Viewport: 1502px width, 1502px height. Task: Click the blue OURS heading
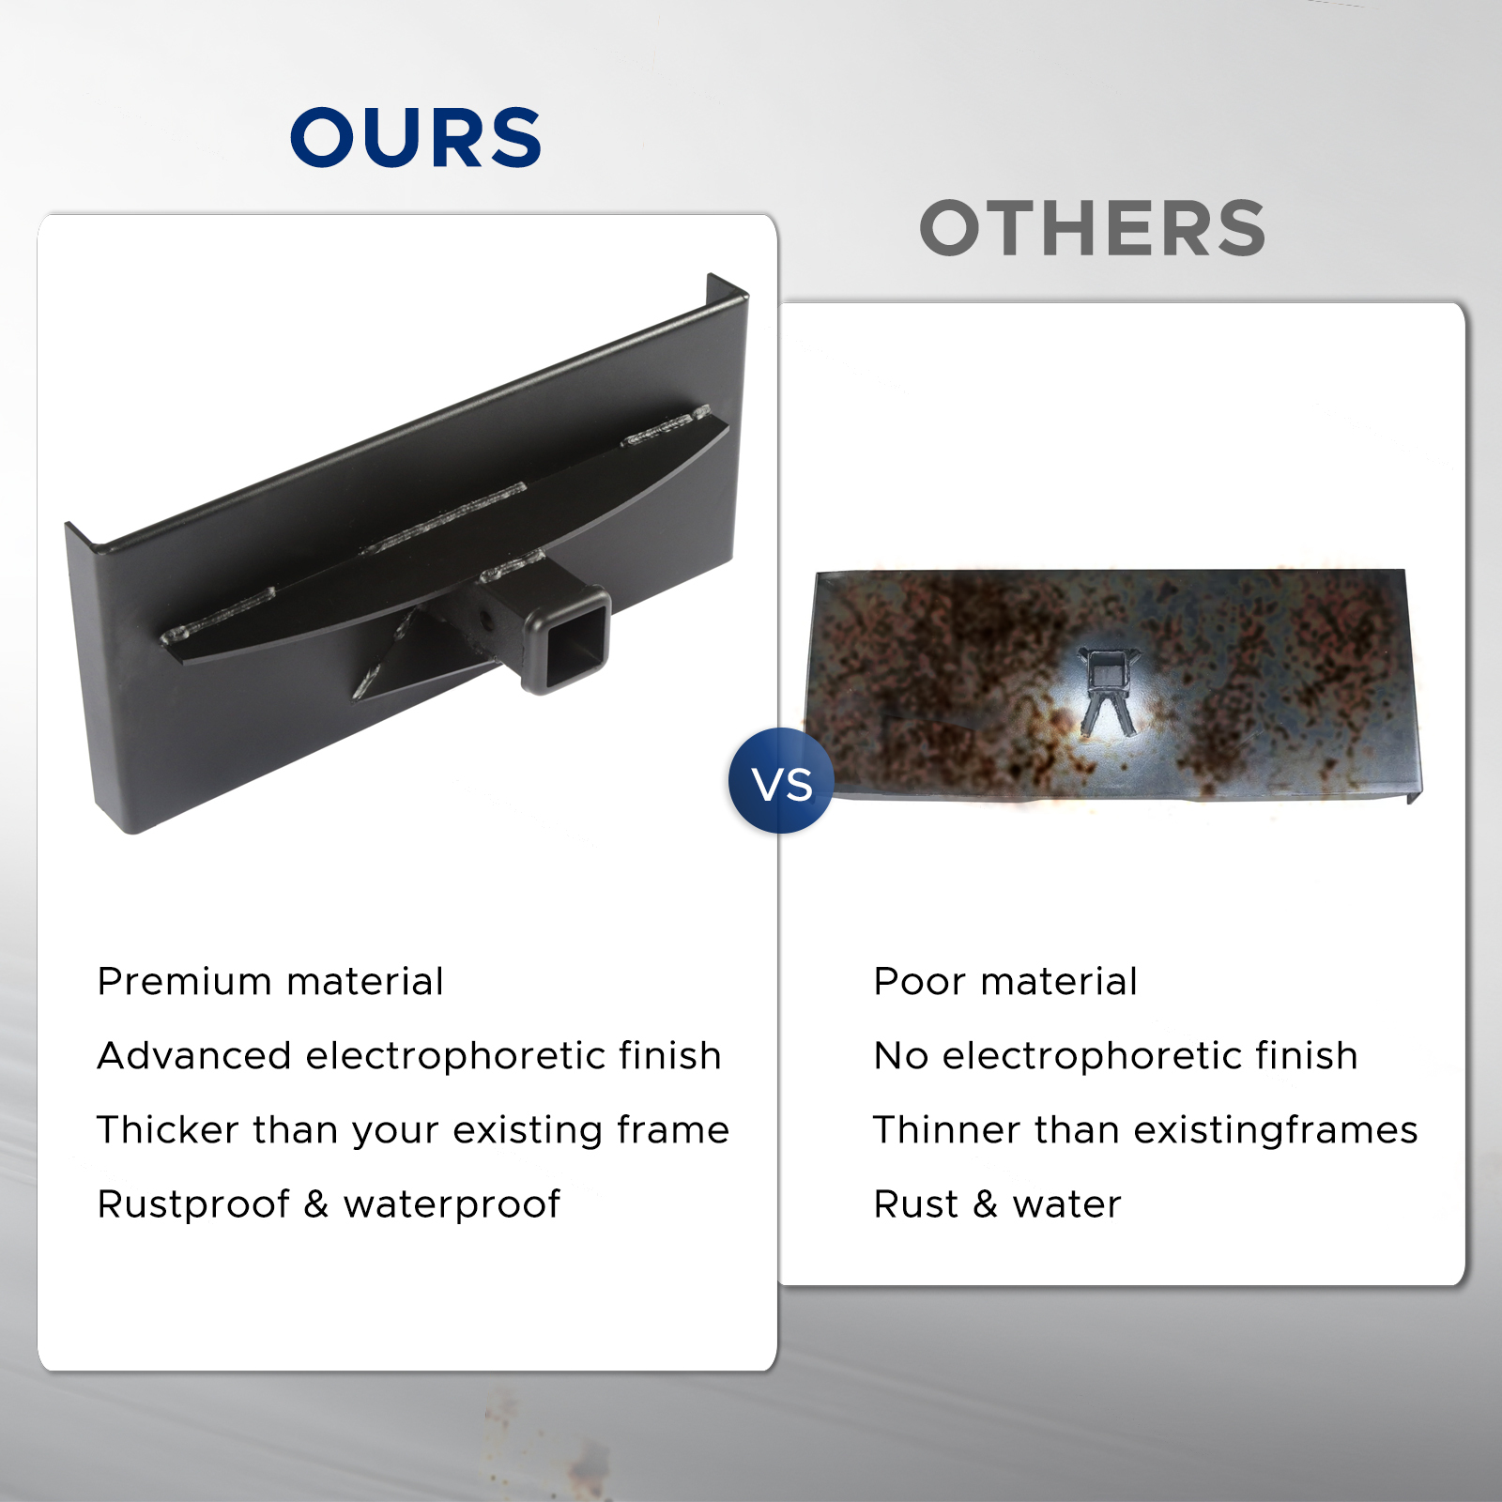416,137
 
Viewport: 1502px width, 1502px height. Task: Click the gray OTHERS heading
1093,228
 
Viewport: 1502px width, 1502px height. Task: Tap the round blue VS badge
781,781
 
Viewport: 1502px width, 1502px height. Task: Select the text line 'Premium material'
270,982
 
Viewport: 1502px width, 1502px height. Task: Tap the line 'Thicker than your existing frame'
413,1130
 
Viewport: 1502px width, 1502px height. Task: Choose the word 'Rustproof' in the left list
193,1205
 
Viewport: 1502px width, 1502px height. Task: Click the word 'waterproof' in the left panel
452,1205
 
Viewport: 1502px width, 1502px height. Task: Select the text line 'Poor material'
1005,982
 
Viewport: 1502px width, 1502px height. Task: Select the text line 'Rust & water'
998,1204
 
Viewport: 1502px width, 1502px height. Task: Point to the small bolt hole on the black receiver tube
486,621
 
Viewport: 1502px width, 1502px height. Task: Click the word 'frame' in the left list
672,1130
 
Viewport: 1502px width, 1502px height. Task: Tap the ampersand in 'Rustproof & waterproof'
316,1205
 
